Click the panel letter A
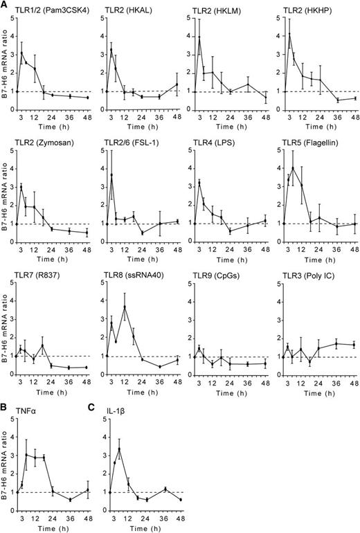coord(5,6)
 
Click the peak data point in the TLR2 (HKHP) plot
coord(289,34)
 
